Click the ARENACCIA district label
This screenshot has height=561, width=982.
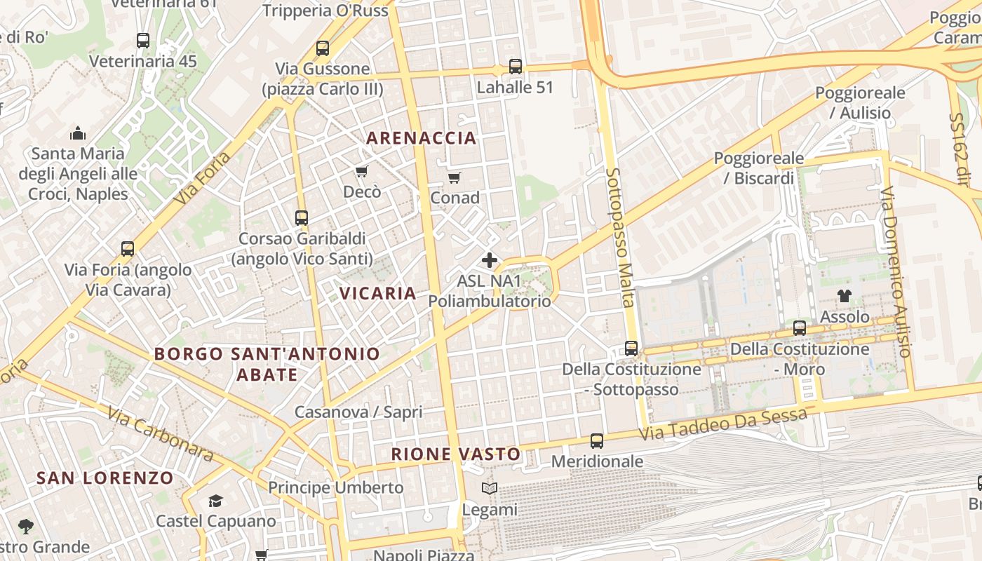click(422, 137)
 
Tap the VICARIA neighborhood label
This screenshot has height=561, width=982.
click(378, 293)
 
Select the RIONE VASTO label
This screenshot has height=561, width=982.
click(456, 454)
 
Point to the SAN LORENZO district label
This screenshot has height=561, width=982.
click(105, 478)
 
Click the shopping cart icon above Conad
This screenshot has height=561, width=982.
click(455, 177)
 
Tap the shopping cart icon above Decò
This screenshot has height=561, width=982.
click(362, 171)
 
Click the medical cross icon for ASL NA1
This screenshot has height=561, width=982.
click(490, 260)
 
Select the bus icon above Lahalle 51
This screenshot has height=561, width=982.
click(516, 67)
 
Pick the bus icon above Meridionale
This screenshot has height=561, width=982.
click(597, 441)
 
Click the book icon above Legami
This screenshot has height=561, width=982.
click(490, 489)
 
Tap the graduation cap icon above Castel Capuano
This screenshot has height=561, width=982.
click(215, 501)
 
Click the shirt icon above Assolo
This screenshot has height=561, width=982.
click(845, 296)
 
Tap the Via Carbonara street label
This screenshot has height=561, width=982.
click(161, 434)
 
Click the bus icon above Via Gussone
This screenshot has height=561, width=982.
click(323, 48)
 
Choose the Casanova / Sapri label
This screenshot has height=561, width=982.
click(358, 412)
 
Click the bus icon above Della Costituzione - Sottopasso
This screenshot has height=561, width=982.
click(631, 349)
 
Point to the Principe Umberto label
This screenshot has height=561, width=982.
click(336, 487)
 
